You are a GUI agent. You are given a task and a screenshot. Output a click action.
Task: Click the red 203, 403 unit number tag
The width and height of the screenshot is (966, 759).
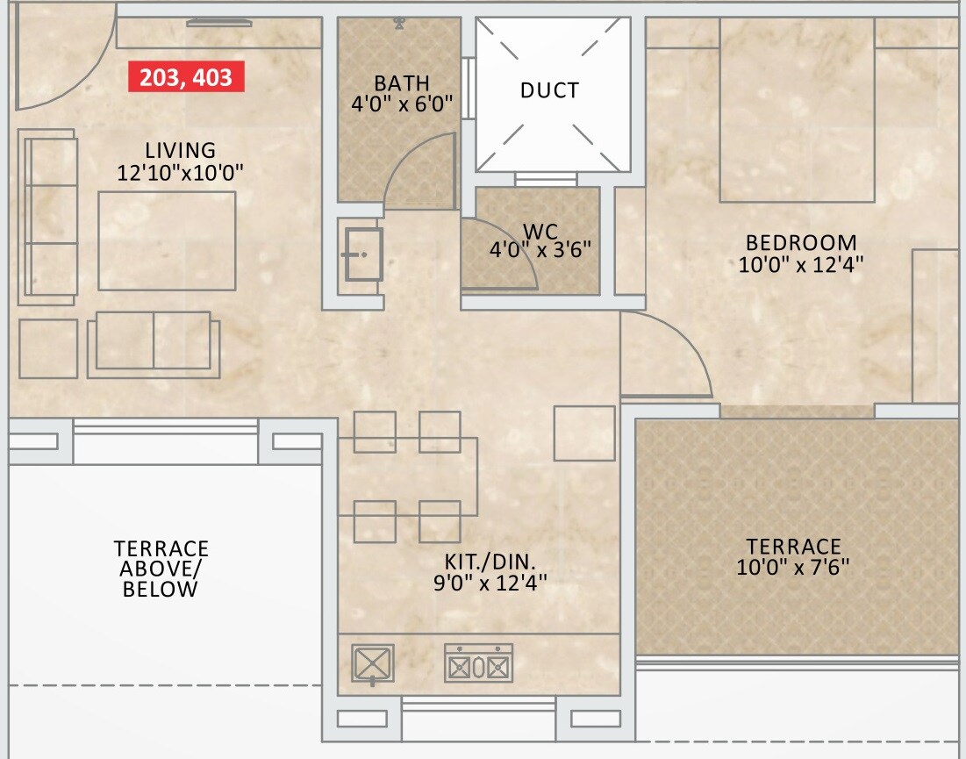click(186, 77)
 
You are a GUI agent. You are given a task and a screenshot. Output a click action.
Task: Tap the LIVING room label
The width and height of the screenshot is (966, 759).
click(180, 150)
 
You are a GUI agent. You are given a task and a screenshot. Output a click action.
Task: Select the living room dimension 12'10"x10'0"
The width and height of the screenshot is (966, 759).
click(180, 173)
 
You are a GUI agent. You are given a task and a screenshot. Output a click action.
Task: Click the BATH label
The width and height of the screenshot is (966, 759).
click(402, 83)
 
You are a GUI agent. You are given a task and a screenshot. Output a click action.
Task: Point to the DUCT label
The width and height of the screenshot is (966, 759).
click(549, 90)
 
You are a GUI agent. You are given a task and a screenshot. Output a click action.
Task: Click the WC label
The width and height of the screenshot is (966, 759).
click(540, 232)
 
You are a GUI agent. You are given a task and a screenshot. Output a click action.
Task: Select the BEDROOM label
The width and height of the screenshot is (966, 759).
click(800, 242)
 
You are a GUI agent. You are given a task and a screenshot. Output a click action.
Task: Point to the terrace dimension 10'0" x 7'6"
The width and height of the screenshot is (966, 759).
click(793, 569)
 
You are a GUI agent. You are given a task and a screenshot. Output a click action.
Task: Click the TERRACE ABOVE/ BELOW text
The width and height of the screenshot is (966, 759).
click(161, 569)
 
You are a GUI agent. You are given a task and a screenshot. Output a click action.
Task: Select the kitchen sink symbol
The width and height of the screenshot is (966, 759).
click(372, 664)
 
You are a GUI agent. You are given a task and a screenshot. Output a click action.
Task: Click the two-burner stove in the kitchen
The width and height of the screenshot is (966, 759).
click(478, 664)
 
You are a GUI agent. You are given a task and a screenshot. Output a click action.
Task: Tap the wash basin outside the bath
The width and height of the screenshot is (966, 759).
click(362, 254)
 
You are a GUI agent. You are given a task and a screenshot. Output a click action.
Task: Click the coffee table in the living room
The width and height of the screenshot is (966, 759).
click(167, 240)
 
